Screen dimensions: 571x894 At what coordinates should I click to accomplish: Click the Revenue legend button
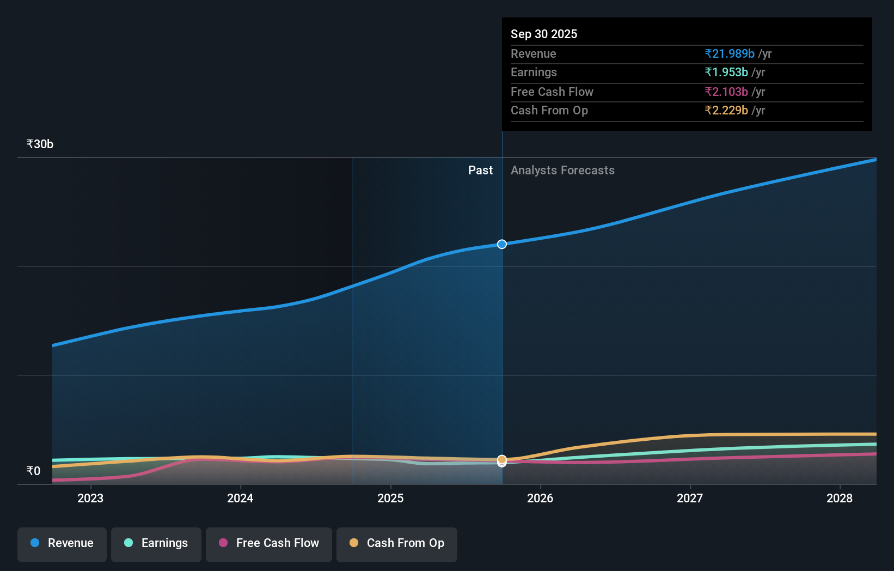tap(62, 543)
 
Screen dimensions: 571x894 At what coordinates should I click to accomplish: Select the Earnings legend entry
tap(156, 543)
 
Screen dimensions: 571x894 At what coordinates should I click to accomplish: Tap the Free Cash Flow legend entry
tap(269, 543)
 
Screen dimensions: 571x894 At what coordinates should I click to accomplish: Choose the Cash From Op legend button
tap(397, 543)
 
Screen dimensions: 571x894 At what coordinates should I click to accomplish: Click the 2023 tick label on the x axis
tap(90, 498)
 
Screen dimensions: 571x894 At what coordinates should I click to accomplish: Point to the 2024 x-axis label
tap(240, 498)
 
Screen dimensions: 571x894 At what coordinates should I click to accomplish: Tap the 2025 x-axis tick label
tap(390, 498)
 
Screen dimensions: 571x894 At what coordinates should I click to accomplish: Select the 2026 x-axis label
tap(540, 498)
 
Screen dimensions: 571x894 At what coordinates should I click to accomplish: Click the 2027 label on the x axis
tap(690, 498)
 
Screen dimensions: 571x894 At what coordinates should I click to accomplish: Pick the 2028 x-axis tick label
tap(840, 498)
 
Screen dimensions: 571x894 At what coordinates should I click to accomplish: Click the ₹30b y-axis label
tap(40, 144)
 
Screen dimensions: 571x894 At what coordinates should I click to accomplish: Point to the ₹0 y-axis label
tap(33, 471)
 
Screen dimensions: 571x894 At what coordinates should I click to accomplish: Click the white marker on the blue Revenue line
tap(502, 244)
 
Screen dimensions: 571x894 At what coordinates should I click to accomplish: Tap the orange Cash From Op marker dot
tap(502, 459)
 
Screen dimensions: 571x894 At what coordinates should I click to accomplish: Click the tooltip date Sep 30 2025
tap(544, 34)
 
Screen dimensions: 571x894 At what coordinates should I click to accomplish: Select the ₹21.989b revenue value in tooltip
tap(730, 53)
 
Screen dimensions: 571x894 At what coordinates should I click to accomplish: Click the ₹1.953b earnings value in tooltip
tap(726, 72)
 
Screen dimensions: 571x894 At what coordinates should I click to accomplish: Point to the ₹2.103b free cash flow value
tap(726, 92)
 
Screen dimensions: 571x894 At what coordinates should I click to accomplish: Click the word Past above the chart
tap(480, 171)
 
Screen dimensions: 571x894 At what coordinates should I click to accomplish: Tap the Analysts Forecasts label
tap(562, 171)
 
